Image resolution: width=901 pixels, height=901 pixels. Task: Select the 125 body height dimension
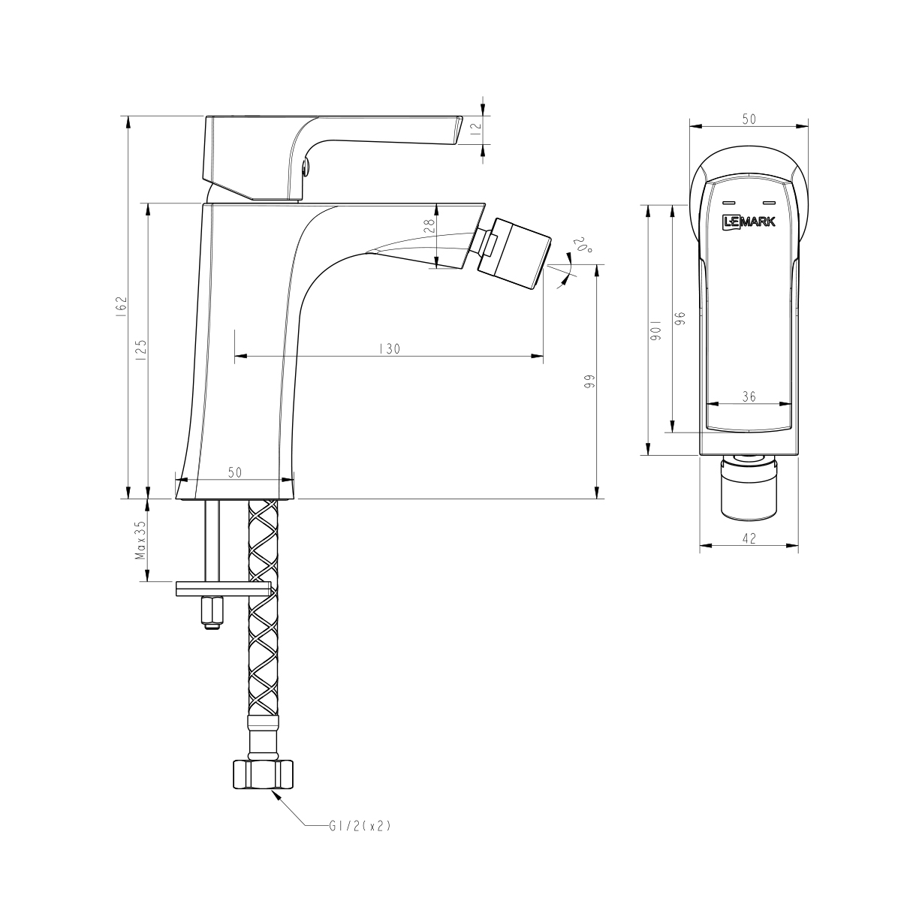click(141, 351)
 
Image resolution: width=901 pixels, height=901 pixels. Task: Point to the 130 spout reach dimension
click(388, 348)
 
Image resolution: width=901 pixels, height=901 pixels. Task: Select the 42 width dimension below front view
click(749, 538)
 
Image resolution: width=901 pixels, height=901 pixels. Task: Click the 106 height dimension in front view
click(655, 330)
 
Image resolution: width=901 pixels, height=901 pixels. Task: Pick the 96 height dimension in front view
click(680, 318)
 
